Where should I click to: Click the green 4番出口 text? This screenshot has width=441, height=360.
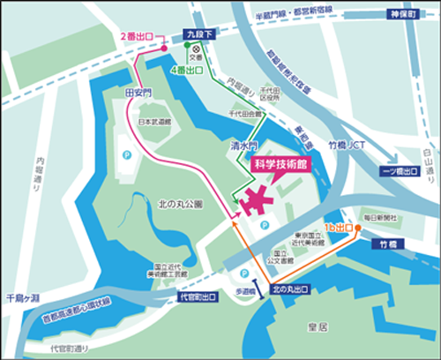(x=204, y=69)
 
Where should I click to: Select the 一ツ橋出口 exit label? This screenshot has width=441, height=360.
(x=398, y=172)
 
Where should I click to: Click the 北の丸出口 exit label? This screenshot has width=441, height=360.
(x=289, y=289)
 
